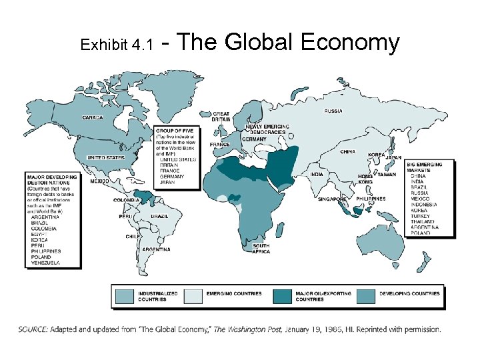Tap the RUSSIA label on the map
(x=334, y=111)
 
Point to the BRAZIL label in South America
(x=159, y=217)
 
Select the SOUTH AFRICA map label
(x=261, y=248)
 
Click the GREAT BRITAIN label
(x=221, y=117)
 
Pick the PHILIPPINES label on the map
(x=371, y=199)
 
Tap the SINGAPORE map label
(x=331, y=199)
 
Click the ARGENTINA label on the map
(x=155, y=249)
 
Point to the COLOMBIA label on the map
(x=127, y=199)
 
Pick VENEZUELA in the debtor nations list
(x=45, y=263)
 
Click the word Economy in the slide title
(x=350, y=43)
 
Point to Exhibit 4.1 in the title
(x=116, y=46)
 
